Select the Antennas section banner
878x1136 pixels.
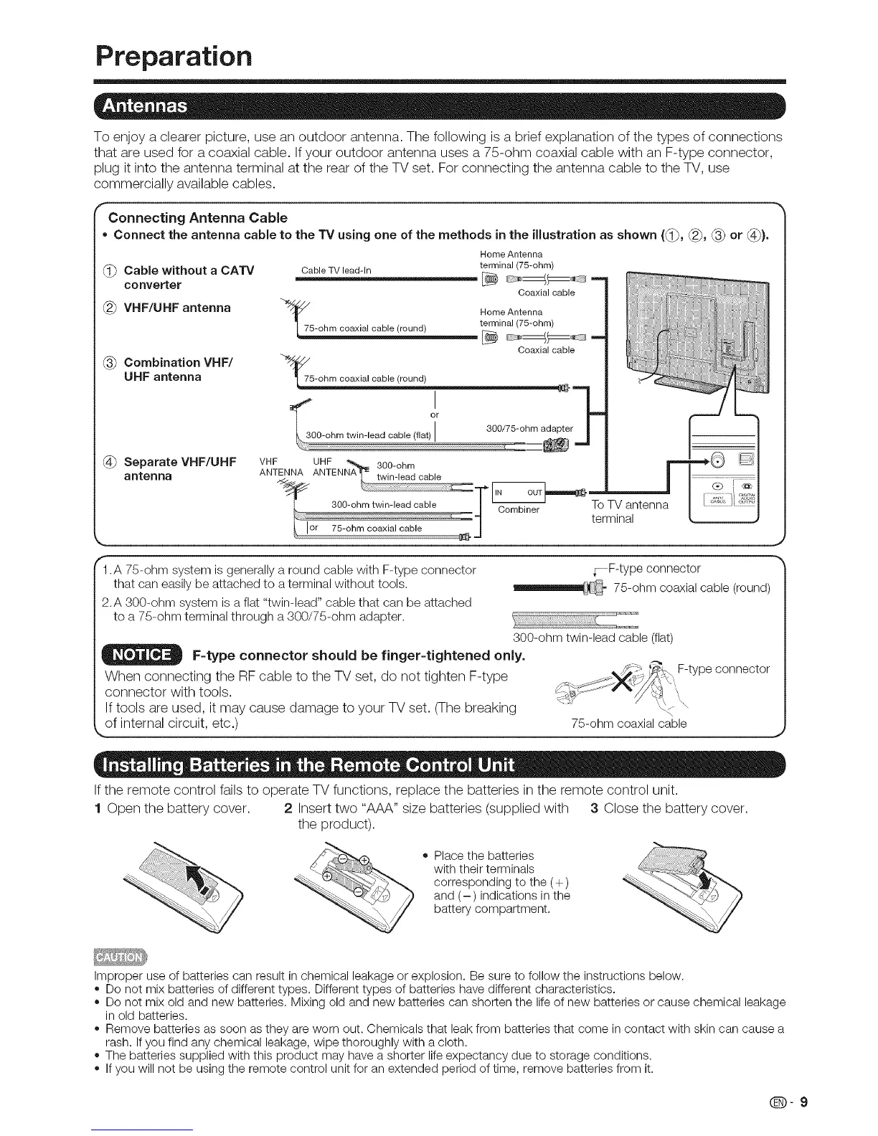(x=439, y=107)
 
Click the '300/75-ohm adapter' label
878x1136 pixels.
(x=529, y=429)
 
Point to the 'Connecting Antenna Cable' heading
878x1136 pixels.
(x=197, y=217)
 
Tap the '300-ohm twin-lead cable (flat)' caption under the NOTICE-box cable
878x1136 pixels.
(x=593, y=638)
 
